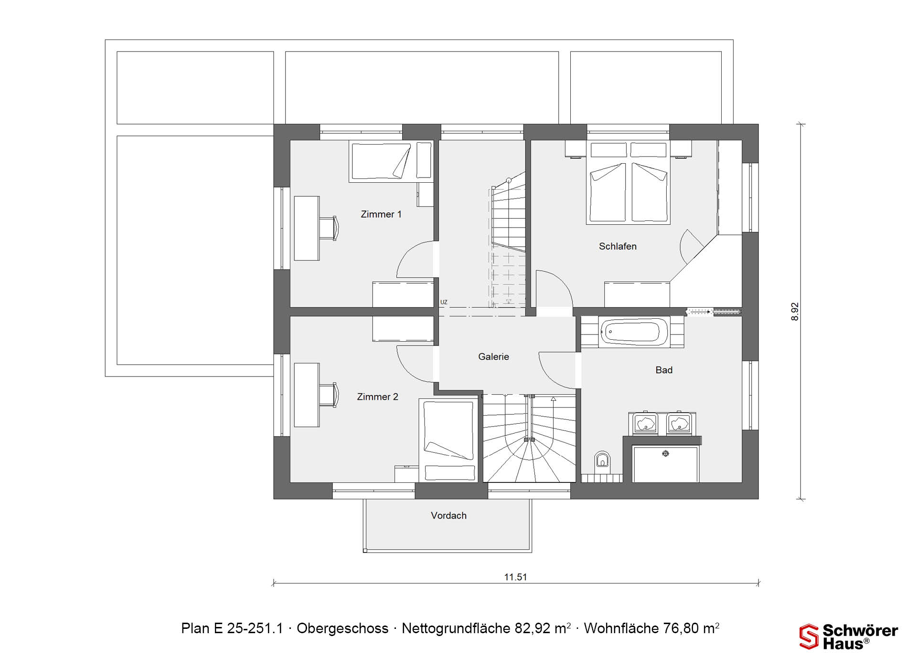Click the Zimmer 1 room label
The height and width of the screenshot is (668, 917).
(381, 214)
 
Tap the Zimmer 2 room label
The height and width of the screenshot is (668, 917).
(377, 397)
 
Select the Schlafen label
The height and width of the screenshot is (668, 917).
(618, 246)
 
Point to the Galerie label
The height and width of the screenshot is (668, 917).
(493, 356)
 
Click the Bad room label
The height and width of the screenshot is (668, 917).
(664, 370)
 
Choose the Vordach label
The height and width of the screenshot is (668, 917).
(448, 515)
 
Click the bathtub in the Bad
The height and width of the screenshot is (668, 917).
(634, 332)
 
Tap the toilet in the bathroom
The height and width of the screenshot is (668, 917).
(603, 460)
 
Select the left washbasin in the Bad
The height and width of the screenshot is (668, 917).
(645, 423)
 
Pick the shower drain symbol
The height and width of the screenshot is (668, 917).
(665, 453)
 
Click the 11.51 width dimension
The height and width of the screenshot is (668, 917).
(516, 577)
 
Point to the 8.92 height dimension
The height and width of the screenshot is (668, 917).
(795, 312)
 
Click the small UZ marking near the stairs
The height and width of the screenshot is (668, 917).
(444, 302)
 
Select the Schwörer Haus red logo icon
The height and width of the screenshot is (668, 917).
(809, 637)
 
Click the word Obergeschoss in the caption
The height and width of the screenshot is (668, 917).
(342, 628)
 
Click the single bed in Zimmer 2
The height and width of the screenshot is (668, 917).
(448, 440)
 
